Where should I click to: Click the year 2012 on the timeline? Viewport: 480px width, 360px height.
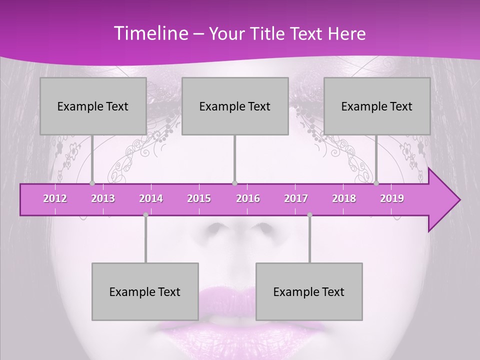[55, 198]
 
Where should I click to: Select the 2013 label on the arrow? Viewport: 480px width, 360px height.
[103, 198]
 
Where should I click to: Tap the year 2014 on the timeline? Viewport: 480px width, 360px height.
[151, 198]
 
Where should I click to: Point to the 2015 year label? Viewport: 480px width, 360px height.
[199, 198]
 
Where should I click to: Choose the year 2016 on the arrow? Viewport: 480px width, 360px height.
[248, 198]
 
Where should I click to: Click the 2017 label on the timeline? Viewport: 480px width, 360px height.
[296, 198]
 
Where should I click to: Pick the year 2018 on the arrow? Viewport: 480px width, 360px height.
[344, 198]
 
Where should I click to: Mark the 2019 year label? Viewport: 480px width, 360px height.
[392, 198]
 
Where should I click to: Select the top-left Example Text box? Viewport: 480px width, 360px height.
[93, 106]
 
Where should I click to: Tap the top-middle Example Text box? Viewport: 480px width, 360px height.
[235, 106]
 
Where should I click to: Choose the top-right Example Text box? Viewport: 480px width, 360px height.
[377, 106]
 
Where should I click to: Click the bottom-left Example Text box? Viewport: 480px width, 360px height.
[145, 291]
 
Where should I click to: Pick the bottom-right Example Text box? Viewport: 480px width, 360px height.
[309, 291]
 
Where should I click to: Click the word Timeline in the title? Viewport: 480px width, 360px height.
[151, 33]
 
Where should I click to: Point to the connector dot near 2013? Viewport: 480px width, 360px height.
[92, 183]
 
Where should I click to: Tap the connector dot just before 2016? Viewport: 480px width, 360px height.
[235, 183]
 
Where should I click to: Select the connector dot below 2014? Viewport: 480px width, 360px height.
[145, 215]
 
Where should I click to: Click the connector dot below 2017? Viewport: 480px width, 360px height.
[309, 215]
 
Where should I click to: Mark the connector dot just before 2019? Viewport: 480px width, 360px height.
[376, 183]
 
